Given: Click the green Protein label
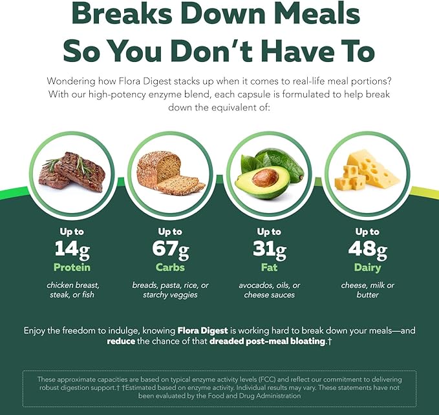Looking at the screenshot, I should point(72,267).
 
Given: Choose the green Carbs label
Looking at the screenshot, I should point(171,267).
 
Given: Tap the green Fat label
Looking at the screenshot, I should point(269,267).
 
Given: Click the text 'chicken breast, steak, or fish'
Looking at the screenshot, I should point(72,290).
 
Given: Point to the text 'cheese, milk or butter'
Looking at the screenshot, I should point(367,290).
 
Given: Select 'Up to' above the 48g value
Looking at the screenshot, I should point(367,231).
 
